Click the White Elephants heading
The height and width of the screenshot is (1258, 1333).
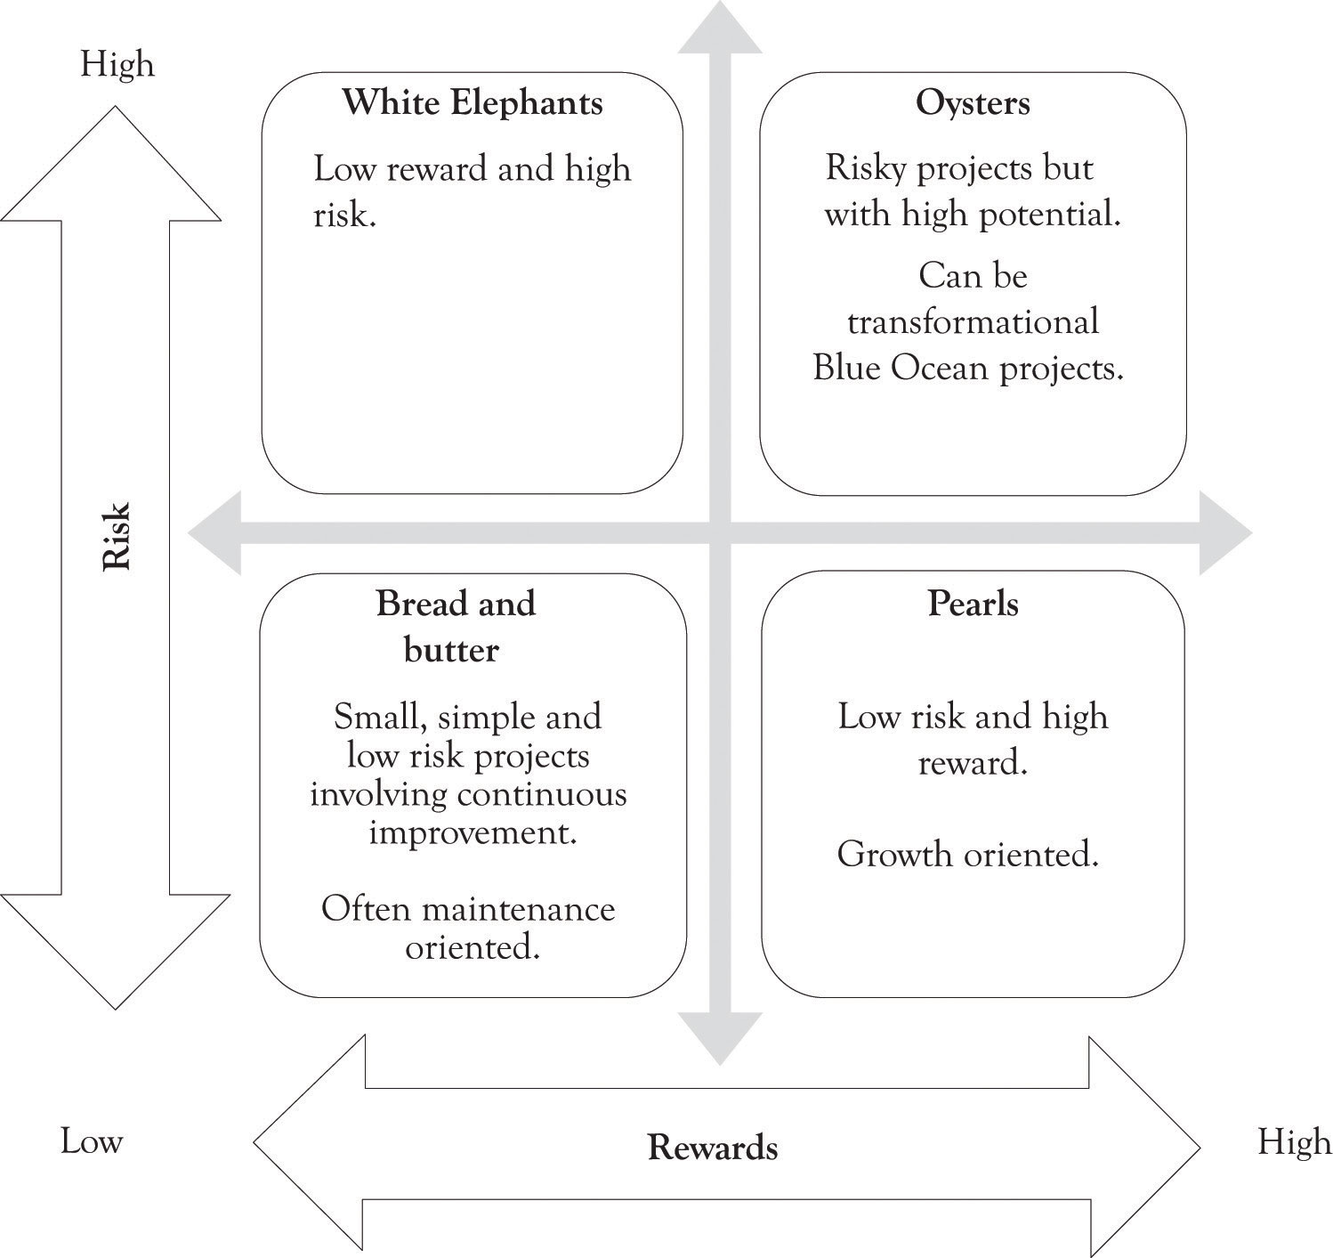pos(473,103)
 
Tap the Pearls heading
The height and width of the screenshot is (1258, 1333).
pos(973,603)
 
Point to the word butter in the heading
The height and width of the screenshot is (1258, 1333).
pos(452,650)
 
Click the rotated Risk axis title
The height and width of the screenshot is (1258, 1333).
pos(116,537)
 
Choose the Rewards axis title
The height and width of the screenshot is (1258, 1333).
pos(713,1148)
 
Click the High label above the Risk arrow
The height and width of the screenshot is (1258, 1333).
pos(117,64)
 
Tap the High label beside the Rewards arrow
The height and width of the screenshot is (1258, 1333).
pos(1294,1141)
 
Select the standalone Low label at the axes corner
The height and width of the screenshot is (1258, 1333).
pos(92,1141)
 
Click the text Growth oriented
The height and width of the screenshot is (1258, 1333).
pos(968,855)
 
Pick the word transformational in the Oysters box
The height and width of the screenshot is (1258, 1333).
pos(973,321)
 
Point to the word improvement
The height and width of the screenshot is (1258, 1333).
pos(473,833)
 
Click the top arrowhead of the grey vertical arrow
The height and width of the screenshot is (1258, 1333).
pos(720,27)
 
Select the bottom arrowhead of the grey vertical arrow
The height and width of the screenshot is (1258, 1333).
pos(720,1038)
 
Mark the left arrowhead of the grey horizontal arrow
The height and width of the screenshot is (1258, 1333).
pos(214,533)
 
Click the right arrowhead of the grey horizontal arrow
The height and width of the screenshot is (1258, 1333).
pos(1225,533)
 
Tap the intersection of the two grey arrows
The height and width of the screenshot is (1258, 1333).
pos(720,533)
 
